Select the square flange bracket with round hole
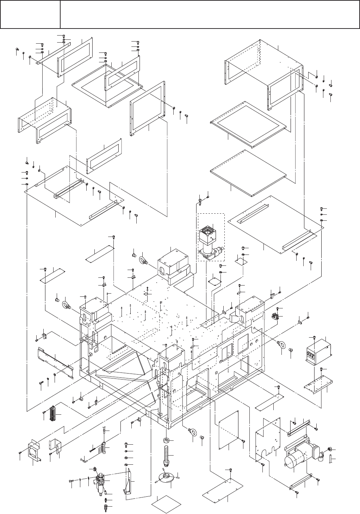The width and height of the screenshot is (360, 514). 36,451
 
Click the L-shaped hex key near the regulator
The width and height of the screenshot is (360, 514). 86,459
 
